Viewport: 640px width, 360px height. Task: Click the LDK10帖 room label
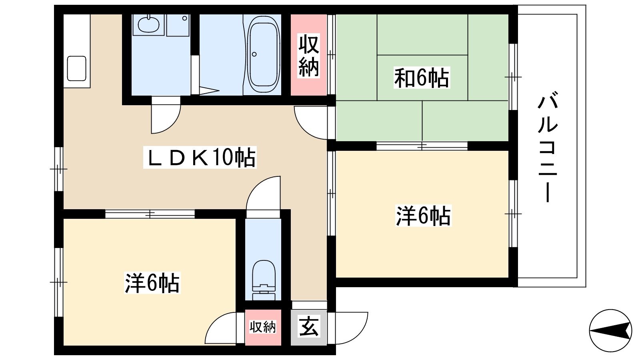(200, 157)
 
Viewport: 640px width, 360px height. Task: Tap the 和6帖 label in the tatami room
(422, 78)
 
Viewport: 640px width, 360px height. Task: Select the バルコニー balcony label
(548, 147)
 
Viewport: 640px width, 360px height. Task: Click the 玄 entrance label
(308, 326)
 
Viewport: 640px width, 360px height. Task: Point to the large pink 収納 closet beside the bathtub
(308, 55)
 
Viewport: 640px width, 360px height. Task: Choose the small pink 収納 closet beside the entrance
(263, 327)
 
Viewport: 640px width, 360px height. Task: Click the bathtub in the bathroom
(263, 54)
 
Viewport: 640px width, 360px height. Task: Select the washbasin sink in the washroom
(148, 24)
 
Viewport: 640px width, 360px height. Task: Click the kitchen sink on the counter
(76, 68)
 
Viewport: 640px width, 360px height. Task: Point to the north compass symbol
(610, 330)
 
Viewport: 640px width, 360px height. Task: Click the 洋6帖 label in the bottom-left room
(152, 283)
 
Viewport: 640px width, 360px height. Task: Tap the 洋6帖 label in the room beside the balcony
(423, 216)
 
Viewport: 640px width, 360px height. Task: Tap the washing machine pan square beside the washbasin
(178, 26)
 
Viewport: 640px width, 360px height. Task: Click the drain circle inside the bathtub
(254, 54)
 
